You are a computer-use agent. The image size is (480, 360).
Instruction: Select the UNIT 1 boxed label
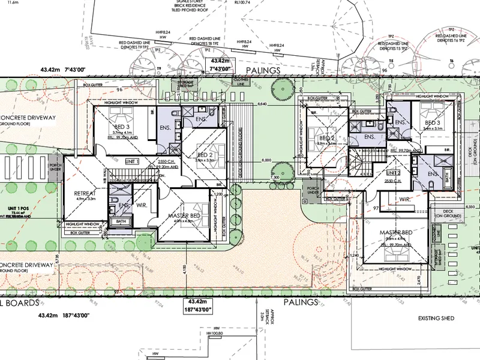[132, 161]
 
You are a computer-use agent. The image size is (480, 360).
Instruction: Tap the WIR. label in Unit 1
[142, 206]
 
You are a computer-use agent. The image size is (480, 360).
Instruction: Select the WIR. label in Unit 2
[403, 199]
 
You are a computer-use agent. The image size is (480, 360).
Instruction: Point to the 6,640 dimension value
[262, 104]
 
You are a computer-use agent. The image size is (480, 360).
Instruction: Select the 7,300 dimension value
[275, 178]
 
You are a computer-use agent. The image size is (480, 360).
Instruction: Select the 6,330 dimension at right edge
[470, 207]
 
